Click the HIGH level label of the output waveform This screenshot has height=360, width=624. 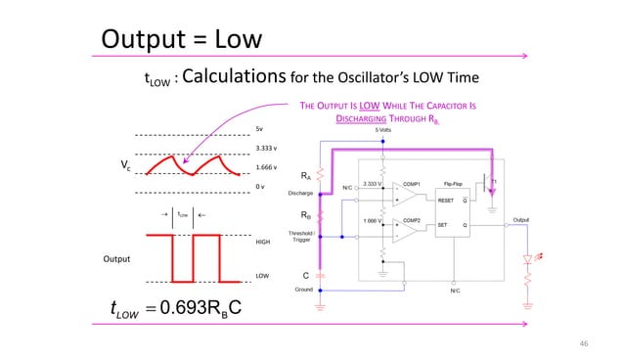coord(262,242)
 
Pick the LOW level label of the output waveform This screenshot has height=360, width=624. coord(261,276)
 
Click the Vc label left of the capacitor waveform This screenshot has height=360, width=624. coord(124,166)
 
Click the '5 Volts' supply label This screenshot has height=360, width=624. coord(388,128)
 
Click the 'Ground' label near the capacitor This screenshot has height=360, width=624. coord(305,290)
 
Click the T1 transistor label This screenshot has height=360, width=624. coord(494,182)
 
